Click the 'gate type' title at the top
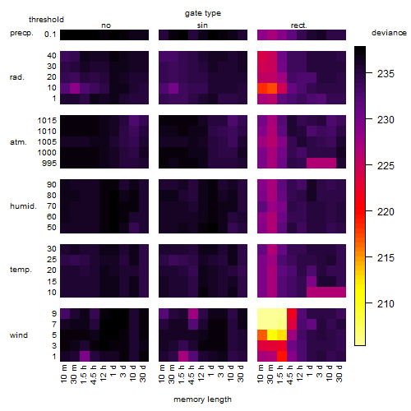tap(203, 13)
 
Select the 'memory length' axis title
tap(202, 399)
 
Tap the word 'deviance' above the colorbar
tap(389, 33)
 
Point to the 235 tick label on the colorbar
tap(386, 73)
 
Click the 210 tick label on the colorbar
tap(386, 303)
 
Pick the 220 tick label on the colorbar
tap(386, 211)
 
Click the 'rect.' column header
tap(299, 25)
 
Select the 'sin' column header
tap(202, 25)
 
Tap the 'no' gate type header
tap(106, 25)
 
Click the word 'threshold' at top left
tap(46, 20)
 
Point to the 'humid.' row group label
tap(23, 206)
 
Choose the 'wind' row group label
tap(19, 335)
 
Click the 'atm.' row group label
tap(18, 142)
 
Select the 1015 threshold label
tap(47, 121)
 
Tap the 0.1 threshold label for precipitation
tap(50, 35)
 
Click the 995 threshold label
tap(49, 164)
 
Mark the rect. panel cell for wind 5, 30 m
tap(272, 335)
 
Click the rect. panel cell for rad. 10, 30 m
tap(272, 88)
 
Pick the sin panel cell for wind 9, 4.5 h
tap(193, 313)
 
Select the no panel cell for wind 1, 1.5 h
tap(85, 356)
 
